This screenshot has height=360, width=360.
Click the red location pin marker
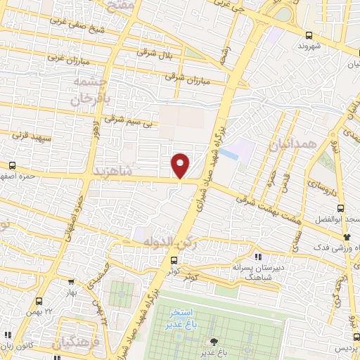pyautogui.click(x=181, y=165)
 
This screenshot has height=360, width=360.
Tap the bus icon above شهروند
pyautogui.click(x=309, y=35)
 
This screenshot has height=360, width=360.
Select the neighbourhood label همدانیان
pyautogui.click(x=288, y=146)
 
